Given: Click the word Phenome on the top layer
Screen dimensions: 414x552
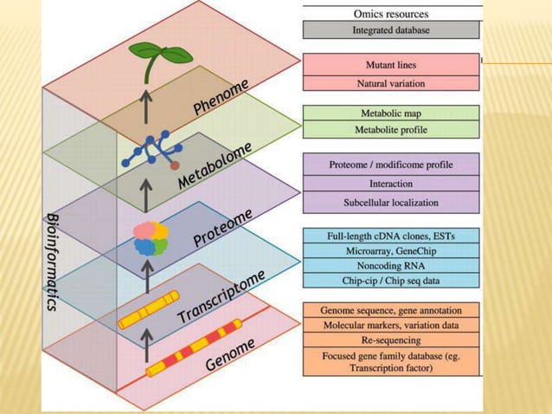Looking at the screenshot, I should [221, 96].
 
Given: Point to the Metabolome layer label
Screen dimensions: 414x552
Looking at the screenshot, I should [215, 165].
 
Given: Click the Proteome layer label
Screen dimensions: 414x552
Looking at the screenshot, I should [223, 227].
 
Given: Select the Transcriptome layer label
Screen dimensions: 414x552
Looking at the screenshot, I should [221, 296].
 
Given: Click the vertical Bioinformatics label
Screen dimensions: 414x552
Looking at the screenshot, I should [52, 260].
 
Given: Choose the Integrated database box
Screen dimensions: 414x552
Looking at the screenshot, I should [391, 30].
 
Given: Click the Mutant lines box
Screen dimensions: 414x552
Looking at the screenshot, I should [391, 65].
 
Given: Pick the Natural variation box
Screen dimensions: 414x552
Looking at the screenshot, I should [391, 83].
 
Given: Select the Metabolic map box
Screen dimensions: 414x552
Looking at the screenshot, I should [391, 113].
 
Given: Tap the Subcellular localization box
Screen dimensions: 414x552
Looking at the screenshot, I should [391, 203].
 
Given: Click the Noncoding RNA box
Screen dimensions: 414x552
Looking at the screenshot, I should [391, 265].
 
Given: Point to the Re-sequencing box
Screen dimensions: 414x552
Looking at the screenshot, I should [391, 340].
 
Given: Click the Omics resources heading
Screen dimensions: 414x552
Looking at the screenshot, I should [391, 13].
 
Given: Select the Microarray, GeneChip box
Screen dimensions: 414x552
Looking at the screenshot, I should [391, 250].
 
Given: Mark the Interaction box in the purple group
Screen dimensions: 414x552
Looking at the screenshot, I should [391, 184].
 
